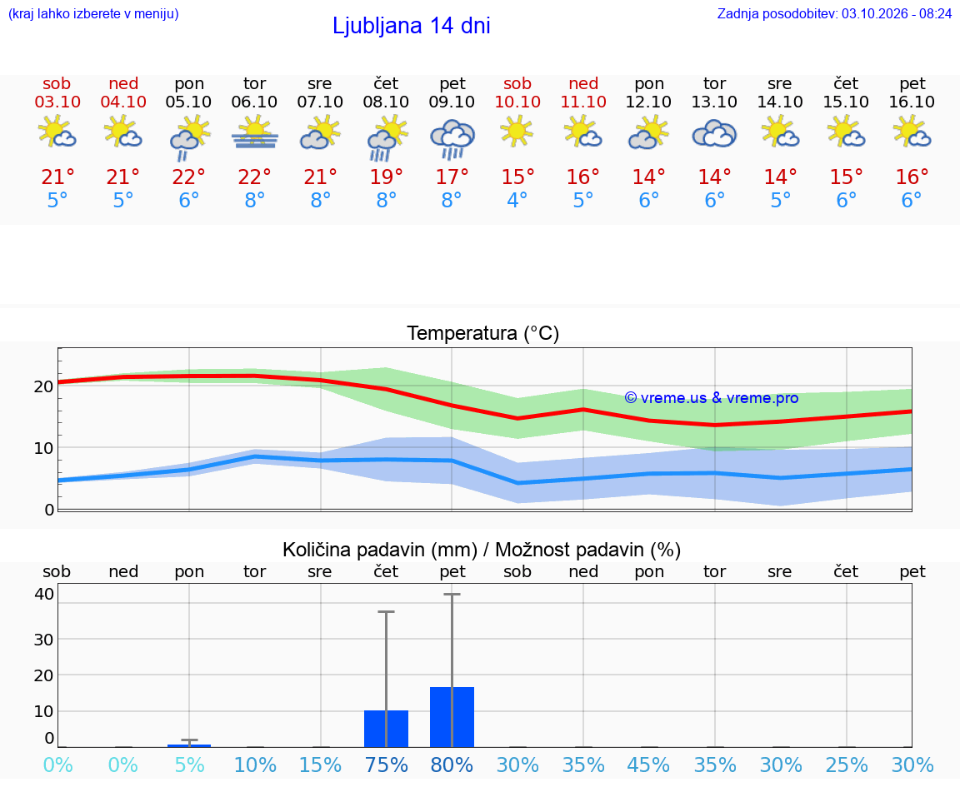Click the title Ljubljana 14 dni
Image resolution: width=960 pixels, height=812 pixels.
click(412, 26)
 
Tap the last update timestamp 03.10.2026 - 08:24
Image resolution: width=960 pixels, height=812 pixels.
click(897, 13)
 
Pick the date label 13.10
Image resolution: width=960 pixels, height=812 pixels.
click(714, 102)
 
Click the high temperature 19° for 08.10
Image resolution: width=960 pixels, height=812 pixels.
click(387, 177)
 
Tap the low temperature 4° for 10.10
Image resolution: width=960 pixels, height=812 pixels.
click(517, 200)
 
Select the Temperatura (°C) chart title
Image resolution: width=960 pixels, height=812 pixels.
click(483, 333)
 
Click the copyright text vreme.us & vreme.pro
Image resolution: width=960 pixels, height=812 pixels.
click(712, 398)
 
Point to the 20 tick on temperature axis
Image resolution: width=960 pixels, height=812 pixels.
click(43, 386)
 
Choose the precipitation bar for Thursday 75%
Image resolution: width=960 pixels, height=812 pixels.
click(387, 729)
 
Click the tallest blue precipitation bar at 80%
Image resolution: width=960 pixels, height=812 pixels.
click(452, 717)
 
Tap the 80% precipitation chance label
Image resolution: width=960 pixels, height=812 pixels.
click(452, 765)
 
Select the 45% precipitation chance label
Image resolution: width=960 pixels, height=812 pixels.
click(649, 765)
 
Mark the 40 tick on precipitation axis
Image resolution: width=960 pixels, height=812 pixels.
click(44, 594)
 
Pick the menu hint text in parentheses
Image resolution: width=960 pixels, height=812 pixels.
click(93, 13)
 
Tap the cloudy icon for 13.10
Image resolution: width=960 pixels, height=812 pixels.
click(714, 134)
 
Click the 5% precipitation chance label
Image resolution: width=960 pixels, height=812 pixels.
click(190, 765)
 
